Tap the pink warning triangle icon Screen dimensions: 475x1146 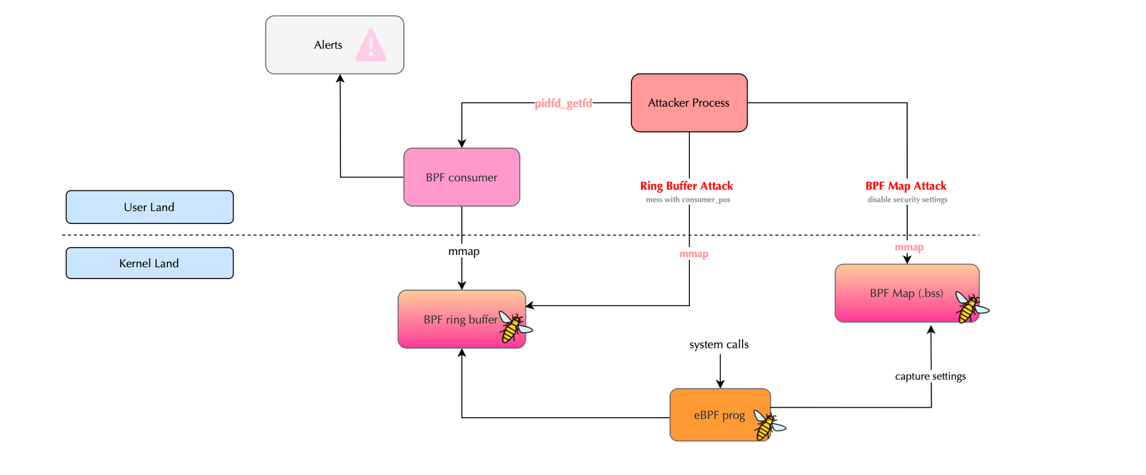(371, 46)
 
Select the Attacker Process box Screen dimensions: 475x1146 (689, 103)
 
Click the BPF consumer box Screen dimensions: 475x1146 (461, 177)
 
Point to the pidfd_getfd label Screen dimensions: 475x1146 (563, 104)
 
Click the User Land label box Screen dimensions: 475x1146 (150, 207)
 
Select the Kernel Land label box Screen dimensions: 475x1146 (150, 263)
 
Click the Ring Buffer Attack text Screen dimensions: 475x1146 (686, 186)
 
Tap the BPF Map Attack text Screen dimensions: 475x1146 (905, 186)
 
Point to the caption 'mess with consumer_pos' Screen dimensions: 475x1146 (688, 200)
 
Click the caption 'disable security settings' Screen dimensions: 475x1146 (907, 200)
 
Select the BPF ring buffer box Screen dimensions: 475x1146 (453, 319)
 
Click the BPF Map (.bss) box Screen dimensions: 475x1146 (900, 293)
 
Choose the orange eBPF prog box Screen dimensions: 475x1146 (713, 415)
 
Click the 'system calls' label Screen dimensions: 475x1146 (719, 344)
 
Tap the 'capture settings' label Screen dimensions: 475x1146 (930, 376)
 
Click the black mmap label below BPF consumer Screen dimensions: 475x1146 (464, 252)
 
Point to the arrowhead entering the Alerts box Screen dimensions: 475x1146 (340, 78)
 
